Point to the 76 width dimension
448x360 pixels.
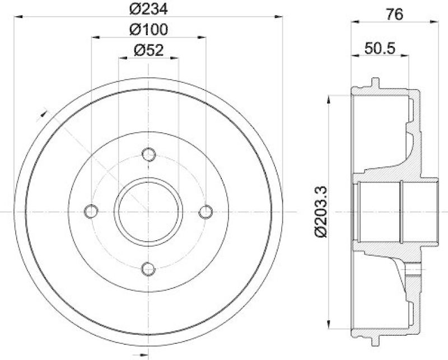[395, 15]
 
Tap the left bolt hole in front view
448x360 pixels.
[90, 212]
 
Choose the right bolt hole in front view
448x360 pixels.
[206, 212]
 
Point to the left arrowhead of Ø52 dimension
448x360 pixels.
[122, 58]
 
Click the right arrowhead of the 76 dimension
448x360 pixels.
[435, 23]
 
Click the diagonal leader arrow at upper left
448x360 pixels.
[43, 115]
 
